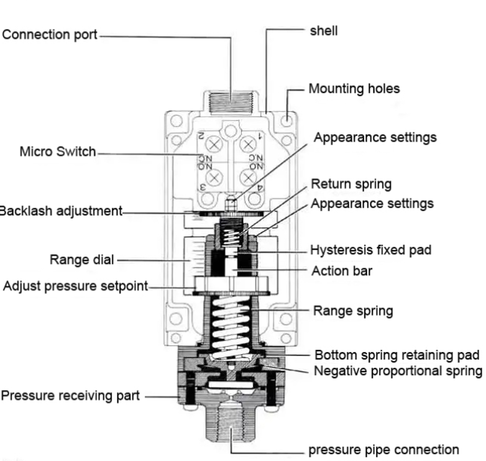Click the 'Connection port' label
(50, 34)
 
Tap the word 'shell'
(324, 30)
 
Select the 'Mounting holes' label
(354, 88)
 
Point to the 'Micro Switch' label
(58, 151)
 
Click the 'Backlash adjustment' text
(60, 211)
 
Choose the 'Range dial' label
(81, 259)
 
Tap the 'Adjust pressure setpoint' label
(75, 286)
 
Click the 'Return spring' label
(351, 184)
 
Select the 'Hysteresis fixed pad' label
(370, 250)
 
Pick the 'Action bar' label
(342, 270)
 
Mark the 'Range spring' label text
(353, 310)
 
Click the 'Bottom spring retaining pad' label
(397, 355)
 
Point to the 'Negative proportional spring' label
(398, 371)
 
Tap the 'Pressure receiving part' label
(70, 395)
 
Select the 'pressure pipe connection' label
(384, 449)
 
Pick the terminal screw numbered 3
(215, 178)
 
